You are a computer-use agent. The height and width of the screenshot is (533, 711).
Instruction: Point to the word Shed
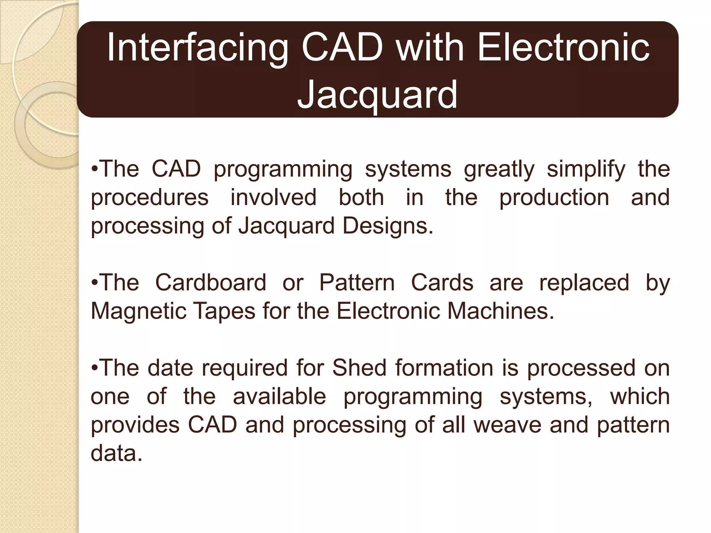pos(359,367)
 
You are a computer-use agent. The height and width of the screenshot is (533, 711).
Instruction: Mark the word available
pos(279,396)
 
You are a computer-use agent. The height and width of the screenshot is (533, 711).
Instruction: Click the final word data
pos(116,453)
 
